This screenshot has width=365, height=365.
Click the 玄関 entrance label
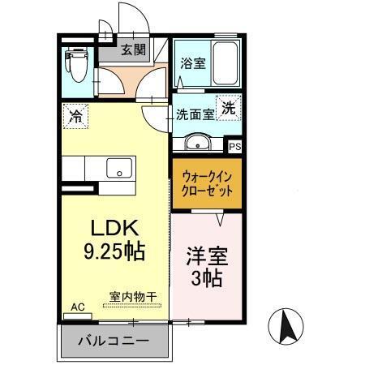(x=134, y=49)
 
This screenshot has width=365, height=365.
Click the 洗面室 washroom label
(x=195, y=114)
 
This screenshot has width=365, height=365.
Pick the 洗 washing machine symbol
(x=230, y=108)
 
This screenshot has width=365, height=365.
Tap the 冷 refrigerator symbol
(x=75, y=115)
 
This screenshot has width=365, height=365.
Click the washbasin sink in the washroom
(x=195, y=144)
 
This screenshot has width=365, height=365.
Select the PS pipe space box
(x=235, y=147)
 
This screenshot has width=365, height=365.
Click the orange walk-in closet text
(x=207, y=182)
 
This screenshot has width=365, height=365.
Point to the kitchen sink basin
(x=120, y=170)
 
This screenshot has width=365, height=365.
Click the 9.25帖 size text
(x=114, y=251)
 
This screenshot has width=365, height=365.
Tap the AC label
(x=78, y=307)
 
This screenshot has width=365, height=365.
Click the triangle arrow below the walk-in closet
(x=219, y=217)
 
